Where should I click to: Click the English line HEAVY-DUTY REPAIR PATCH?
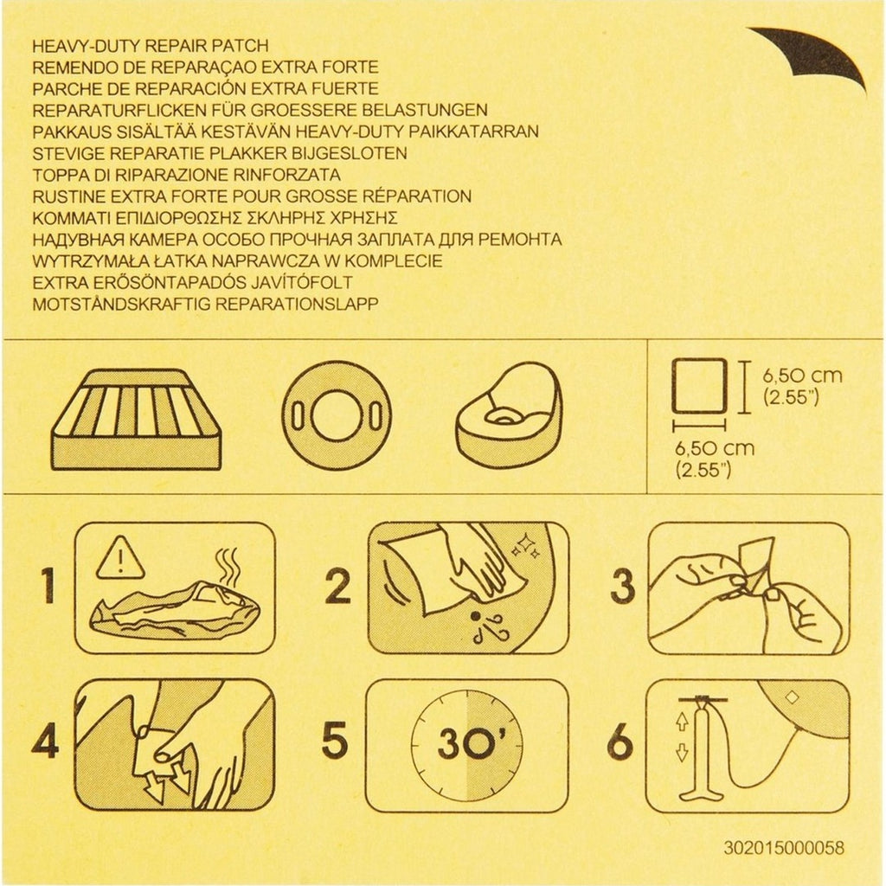[x=151, y=46]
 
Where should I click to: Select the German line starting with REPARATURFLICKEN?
[x=260, y=110]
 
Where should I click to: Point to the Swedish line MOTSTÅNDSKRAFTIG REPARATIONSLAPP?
[x=205, y=304]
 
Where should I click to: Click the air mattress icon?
[x=136, y=421]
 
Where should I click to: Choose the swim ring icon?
[x=337, y=417]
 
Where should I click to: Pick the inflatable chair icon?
[x=509, y=416]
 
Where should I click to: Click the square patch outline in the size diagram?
[x=699, y=387]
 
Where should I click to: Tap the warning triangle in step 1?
[x=120, y=558]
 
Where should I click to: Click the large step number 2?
[x=338, y=586]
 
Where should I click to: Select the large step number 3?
[x=623, y=586]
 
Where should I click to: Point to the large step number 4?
[x=46, y=741]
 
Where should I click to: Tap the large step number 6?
[x=621, y=741]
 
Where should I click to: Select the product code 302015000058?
[x=784, y=848]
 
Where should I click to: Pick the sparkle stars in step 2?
[x=525, y=546]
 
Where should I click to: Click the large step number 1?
[x=48, y=586]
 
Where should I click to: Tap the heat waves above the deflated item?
[x=228, y=568]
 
